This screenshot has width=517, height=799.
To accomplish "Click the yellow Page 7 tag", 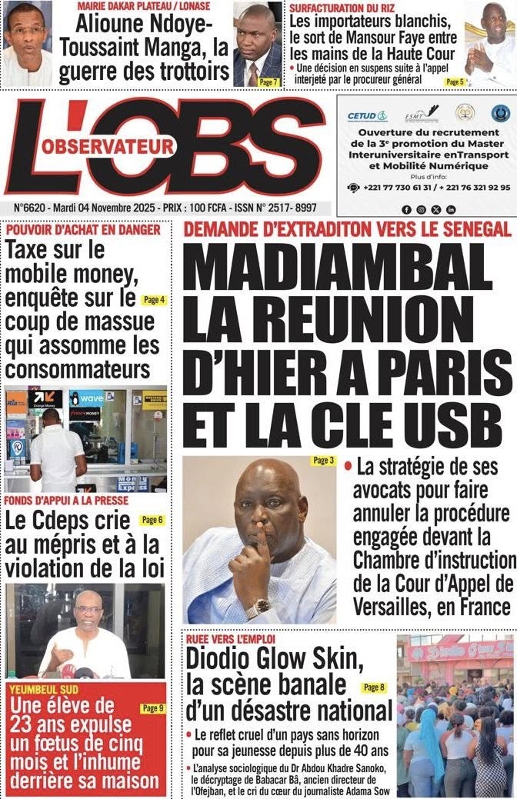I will coord(267,82).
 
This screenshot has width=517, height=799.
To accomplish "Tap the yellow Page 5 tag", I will coord(455,81).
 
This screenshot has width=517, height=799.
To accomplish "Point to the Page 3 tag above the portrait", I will coord(323,461).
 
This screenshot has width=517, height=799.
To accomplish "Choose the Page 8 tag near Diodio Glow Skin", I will coord(374,687).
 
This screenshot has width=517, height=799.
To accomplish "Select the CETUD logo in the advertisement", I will coord(367,116).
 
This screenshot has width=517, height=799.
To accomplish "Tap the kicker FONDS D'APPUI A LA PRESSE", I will coord(67,500).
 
